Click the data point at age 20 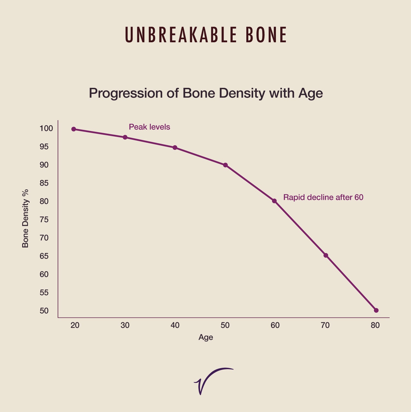(x=73, y=129)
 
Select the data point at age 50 (x=225, y=165)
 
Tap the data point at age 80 (x=376, y=310)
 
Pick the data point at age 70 (x=326, y=255)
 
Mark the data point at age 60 (x=274, y=201)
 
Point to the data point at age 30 (x=125, y=137)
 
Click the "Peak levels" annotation (x=149, y=127)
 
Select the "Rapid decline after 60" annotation (x=323, y=197)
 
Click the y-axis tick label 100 (x=46, y=128)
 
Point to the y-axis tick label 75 (x=44, y=220)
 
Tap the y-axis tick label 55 (x=44, y=293)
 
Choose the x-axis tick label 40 (x=175, y=326)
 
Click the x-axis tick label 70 (x=325, y=326)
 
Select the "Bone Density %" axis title (x=25, y=218)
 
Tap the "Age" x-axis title (x=206, y=337)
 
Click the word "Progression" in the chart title (x=126, y=93)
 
